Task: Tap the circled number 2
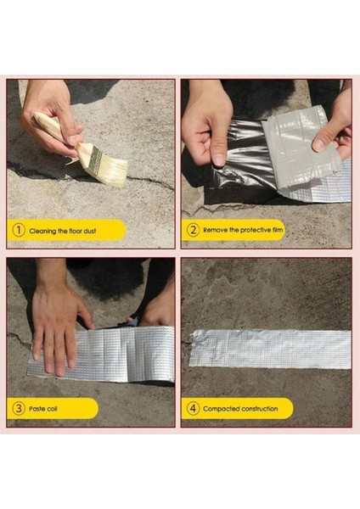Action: click(193, 230)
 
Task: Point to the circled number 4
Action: click(193, 409)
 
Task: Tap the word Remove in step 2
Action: click(215, 230)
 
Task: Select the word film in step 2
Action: click(275, 230)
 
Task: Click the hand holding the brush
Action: click(51, 115)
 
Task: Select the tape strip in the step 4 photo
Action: click(269, 349)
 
